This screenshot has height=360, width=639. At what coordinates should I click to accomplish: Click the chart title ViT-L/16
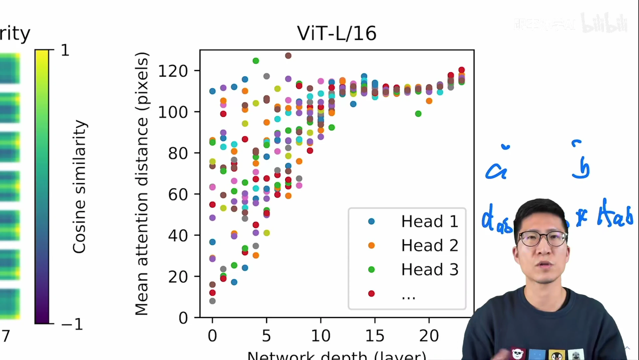[336, 33]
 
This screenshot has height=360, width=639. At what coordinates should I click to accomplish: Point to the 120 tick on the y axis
[173, 71]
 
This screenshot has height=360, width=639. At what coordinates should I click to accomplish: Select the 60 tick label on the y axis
[178, 194]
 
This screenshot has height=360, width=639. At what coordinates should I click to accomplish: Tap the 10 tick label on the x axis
[320, 336]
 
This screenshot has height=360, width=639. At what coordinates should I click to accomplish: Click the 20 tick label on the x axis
[429, 336]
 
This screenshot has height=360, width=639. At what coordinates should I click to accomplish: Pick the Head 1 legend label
[429, 221]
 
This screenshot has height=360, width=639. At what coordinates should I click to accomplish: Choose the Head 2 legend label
[429, 245]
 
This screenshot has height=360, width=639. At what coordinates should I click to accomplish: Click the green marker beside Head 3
[371, 269]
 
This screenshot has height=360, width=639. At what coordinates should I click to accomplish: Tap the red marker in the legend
[371, 293]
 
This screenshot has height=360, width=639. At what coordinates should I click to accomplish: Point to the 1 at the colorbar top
[65, 50]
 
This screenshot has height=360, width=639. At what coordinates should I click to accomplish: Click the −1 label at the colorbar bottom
[72, 324]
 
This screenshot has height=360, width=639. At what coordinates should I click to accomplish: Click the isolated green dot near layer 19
[418, 114]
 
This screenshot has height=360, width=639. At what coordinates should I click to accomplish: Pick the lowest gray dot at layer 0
[212, 301]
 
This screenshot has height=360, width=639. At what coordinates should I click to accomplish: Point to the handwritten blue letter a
[496, 171]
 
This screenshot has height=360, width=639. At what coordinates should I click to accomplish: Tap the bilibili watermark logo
[604, 23]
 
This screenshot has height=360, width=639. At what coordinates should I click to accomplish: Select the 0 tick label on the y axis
[183, 318]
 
